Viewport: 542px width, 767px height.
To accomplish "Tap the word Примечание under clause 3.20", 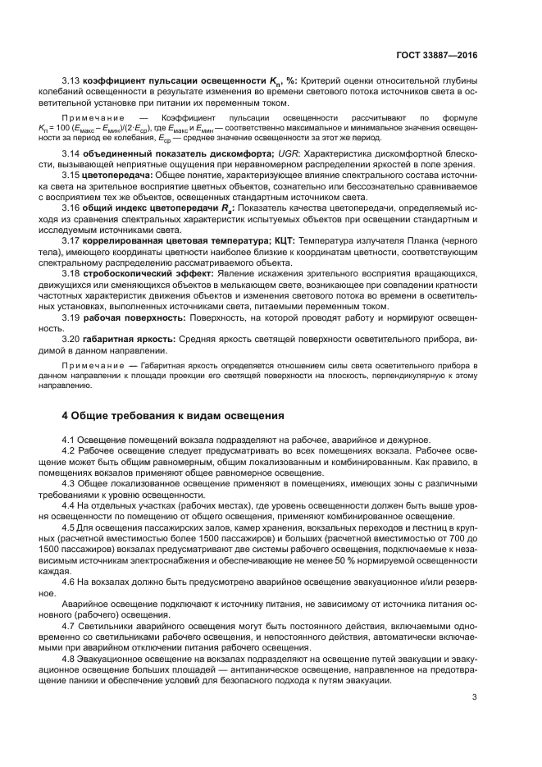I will point(93,363).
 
